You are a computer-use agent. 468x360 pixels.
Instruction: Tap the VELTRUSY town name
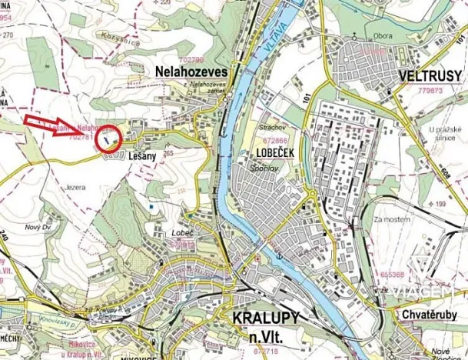429,76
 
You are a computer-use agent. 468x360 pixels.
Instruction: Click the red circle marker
110,137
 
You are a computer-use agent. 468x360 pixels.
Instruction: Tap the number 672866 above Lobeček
266,142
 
